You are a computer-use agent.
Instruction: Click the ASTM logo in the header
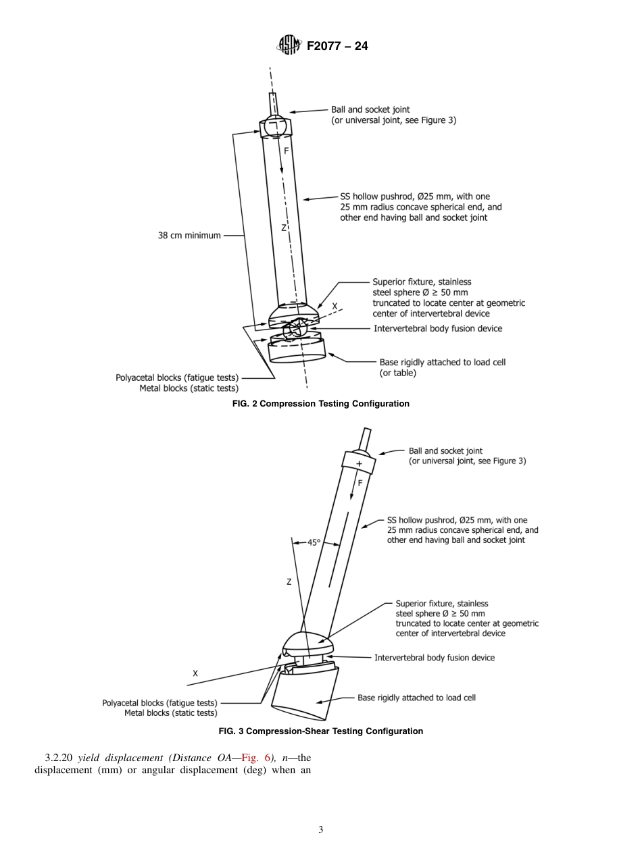pyautogui.click(x=288, y=46)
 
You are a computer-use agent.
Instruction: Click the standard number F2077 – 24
pyautogui.click(x=337, y=47)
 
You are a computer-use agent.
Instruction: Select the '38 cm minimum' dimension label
pyautogui.click(x=189, y=236)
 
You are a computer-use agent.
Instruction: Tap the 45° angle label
pyautogui.click(x=314, y=542)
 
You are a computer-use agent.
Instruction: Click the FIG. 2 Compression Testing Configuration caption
pyautogui.click(x=320, y=404)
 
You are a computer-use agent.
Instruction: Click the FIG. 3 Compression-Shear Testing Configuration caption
pyautogui.click(x=320, y=731)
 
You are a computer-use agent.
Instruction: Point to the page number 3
pyautogui.click(x=320, y=830)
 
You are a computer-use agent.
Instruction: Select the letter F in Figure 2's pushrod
pyautogui.click(x=286, y=152)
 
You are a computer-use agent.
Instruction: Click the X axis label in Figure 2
pyautogui.click(x=335, y=307)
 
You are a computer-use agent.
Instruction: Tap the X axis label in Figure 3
pyautogui.click(x=195, y=673)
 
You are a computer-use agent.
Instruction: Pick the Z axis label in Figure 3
pyautogui.click(x=289, y=581)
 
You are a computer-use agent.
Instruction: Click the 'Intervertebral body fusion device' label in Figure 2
pyautogui.click(x=438, y=328)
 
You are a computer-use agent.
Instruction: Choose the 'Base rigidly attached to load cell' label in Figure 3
pyautogui.click(x=416, y=698)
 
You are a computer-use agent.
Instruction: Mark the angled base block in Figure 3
pyautogui.click(x=304, y=696)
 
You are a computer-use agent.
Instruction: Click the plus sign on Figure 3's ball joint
pyautogui.click(x=359, y=464)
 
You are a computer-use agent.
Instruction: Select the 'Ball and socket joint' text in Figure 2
pyautogui.click(x=370, y=109)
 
